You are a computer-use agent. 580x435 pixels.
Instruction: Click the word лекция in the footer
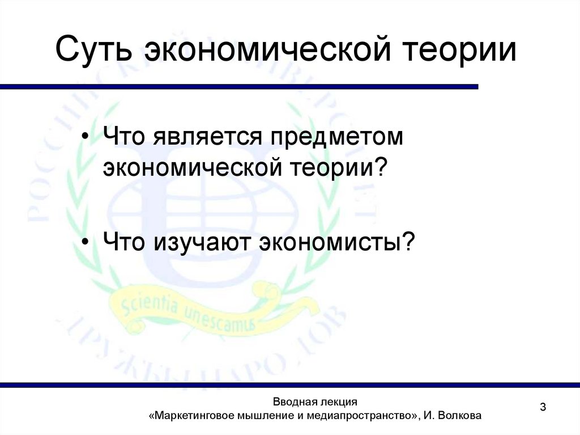(337, 402)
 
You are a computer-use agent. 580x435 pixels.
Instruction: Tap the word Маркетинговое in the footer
(189, 416)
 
